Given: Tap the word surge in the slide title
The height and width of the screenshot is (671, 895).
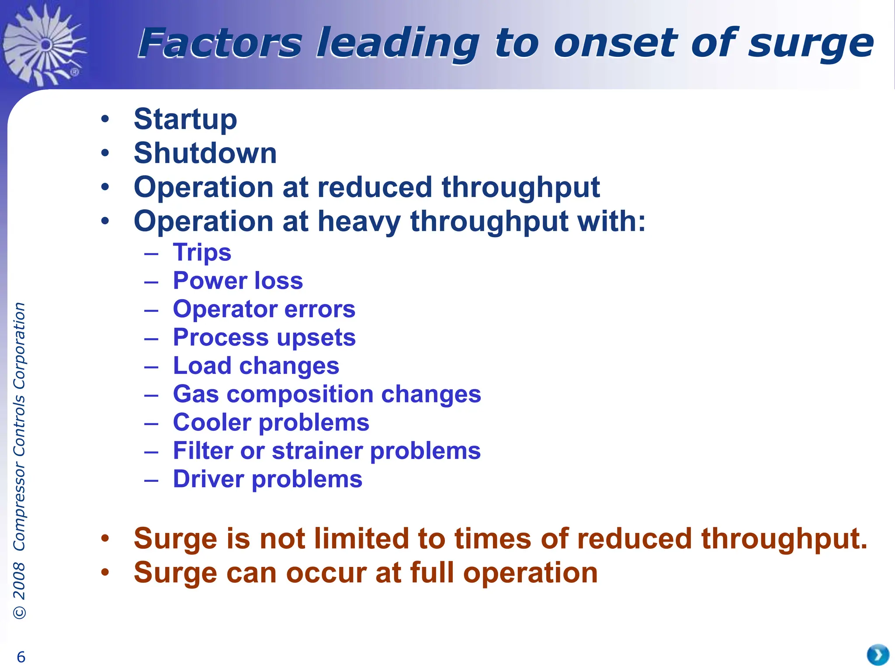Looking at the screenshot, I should [x=811, y=44].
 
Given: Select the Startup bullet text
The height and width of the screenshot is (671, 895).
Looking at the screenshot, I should [x=185, y=119].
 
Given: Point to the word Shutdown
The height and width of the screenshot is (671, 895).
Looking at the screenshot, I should [x=205, y=153].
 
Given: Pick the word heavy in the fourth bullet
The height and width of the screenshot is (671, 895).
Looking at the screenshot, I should [x=359, y=221].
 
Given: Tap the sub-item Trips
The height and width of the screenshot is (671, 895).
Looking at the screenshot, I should [x=202, y=252].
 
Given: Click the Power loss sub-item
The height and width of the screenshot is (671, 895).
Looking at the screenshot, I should [x=238, y=280].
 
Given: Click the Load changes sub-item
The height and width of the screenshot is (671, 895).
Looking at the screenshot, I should [x=256, y=366].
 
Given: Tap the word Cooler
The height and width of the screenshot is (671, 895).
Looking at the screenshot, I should [x=212, y=422].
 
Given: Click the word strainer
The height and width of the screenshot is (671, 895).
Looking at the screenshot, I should [x=316, y=451].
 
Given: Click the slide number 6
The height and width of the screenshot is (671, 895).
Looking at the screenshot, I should [x=21, y=657].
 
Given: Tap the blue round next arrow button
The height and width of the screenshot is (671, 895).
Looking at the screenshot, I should [x=878, y=655].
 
